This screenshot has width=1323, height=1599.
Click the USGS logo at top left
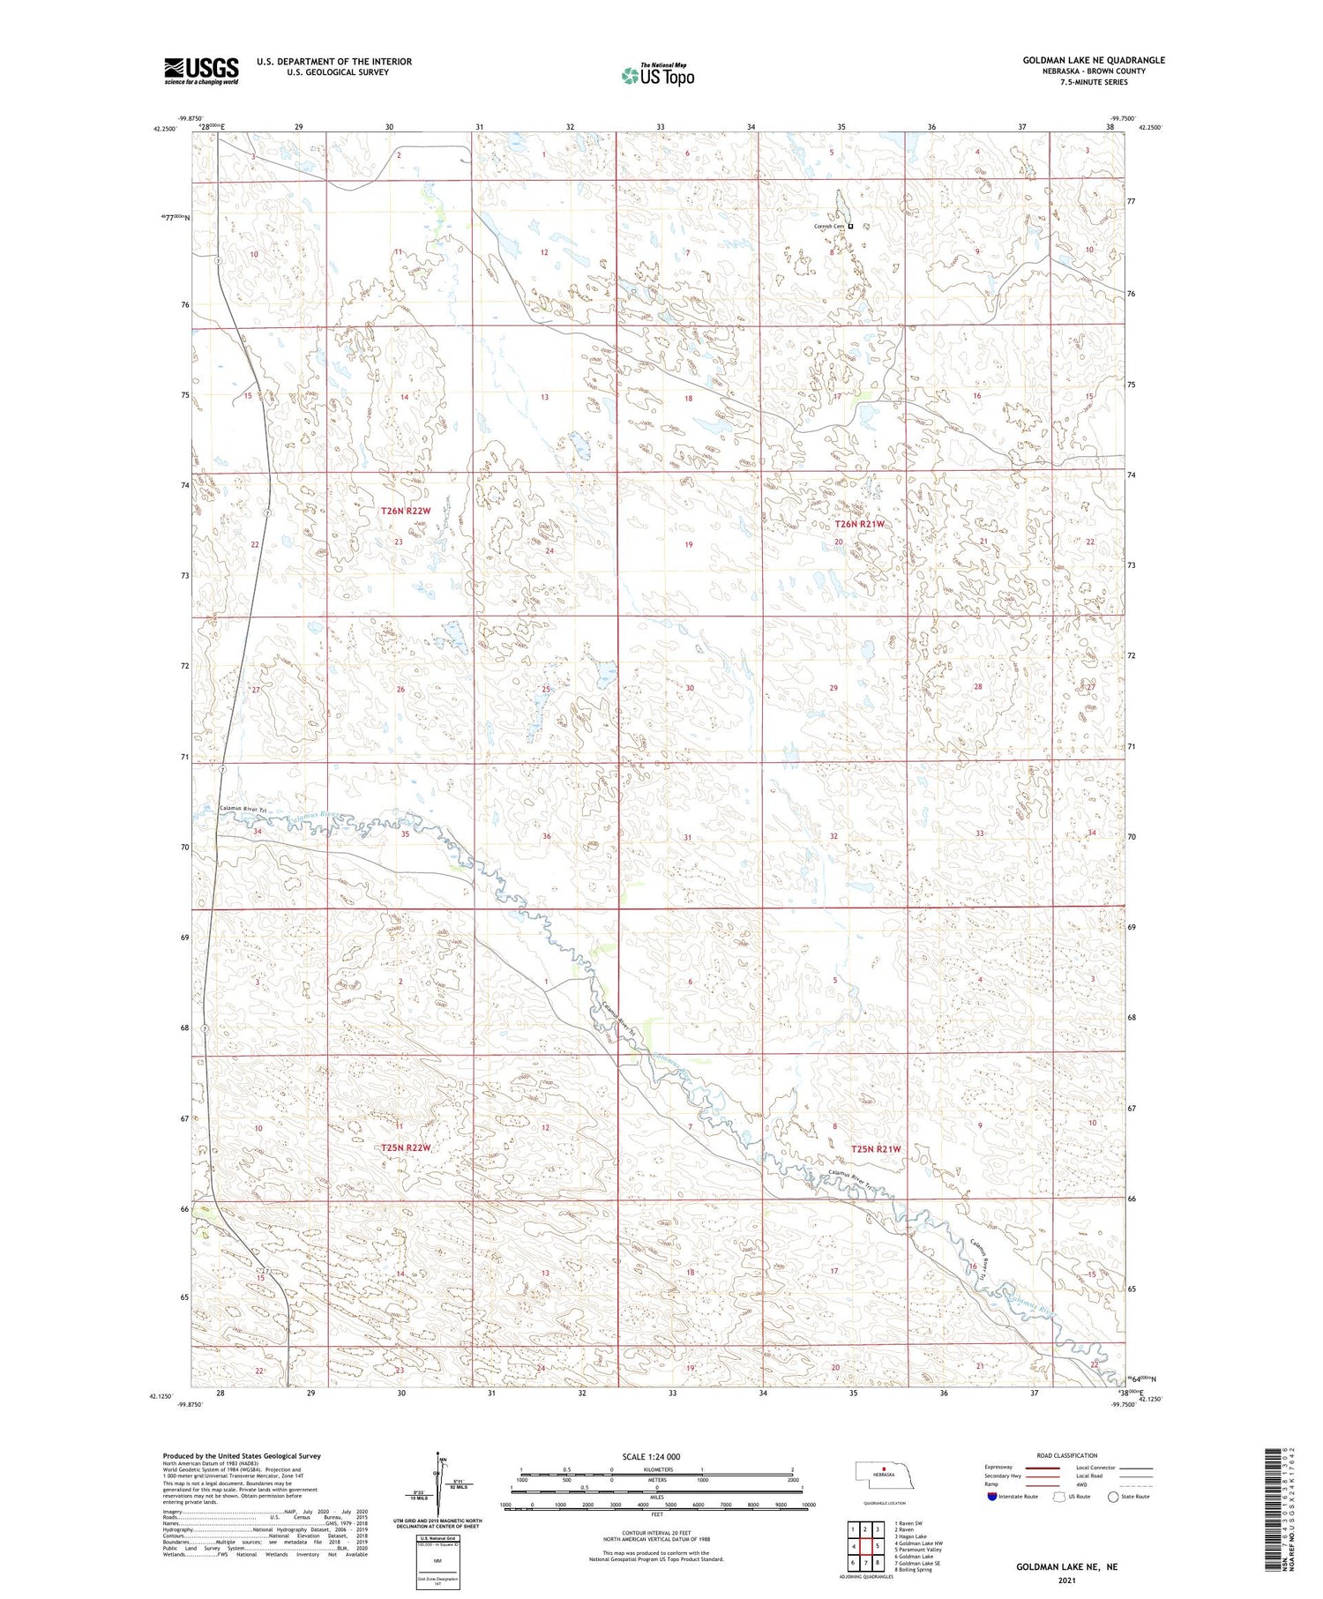(201, 71)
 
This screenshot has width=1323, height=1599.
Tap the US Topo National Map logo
(657, 75)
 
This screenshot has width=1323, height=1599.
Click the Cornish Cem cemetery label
(829, 227)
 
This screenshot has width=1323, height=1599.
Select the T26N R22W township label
(406, 511)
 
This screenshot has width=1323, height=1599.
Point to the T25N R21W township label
(876, 1148)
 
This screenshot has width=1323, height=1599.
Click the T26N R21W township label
(858, 524)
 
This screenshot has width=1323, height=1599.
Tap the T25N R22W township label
(406, 1147)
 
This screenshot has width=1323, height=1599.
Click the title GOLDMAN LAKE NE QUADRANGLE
(1093, 60)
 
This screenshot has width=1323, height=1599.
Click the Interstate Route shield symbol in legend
(992, 1497)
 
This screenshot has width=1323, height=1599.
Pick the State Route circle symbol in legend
(1114, 1497)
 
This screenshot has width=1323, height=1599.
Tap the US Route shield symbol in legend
(1059, 1497)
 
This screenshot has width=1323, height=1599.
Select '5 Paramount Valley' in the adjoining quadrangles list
(917, 1549)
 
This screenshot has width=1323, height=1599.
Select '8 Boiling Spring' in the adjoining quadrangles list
(913, 1570)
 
